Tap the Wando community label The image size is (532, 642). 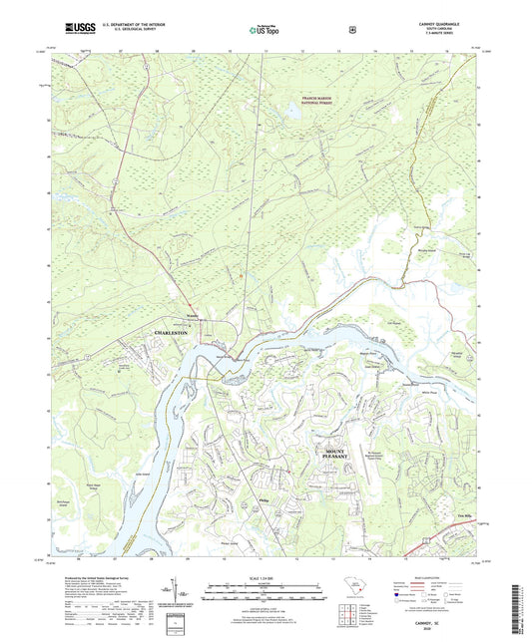pos(192,320)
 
